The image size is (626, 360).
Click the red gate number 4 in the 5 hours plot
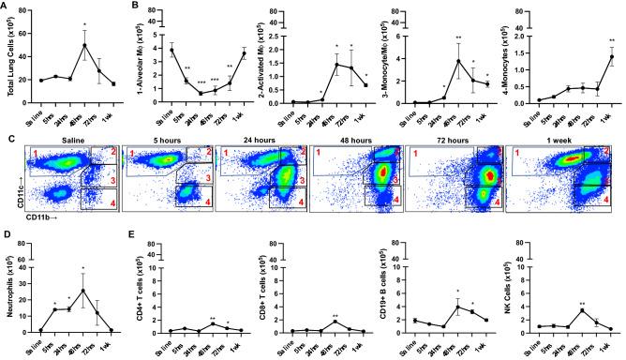[x=208, y=203]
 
